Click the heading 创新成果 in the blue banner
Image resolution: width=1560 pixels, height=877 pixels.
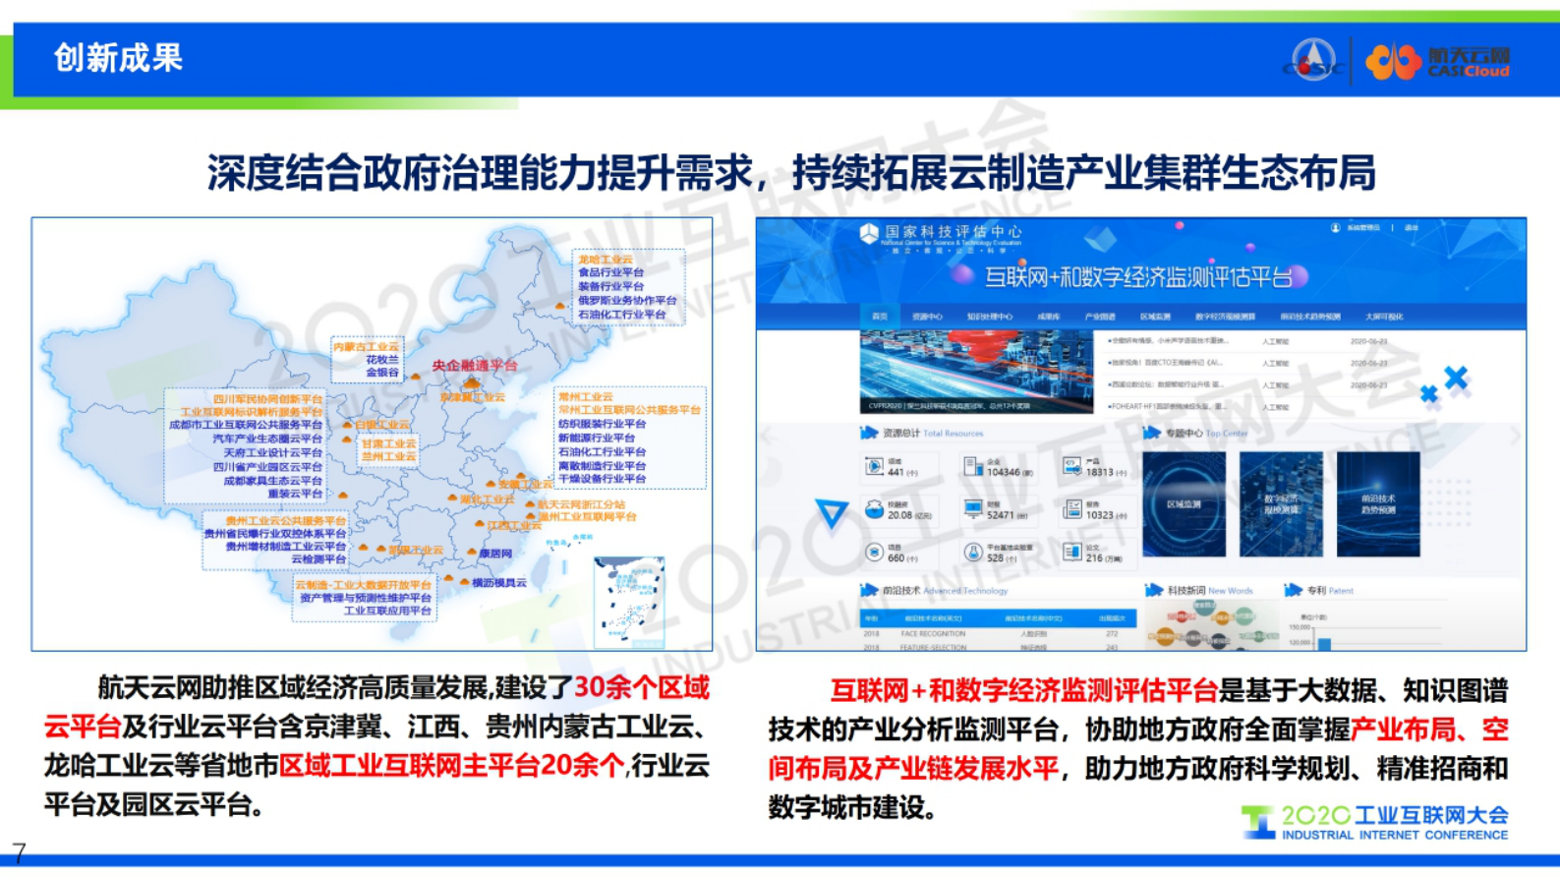click(118, 58)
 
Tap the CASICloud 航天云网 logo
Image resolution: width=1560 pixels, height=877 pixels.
click(1437, 61)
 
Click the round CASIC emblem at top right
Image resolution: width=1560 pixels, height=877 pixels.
click(1313, 60)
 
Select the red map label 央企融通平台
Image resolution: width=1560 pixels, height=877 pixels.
click(475, 365)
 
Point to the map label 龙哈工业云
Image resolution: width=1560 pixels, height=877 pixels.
click(606, 260)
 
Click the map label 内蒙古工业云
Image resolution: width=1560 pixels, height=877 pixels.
click(366, 347)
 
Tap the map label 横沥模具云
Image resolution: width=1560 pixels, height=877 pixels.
click(498, 582)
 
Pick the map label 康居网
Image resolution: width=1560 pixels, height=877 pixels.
click(495, 554)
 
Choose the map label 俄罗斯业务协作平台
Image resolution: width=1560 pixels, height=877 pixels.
click(627, 300)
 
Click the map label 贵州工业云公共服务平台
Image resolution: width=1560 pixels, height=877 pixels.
click(285, 520)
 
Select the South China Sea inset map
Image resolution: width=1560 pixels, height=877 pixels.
click(629, 601)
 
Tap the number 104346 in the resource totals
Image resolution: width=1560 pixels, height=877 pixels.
click(1003, 472)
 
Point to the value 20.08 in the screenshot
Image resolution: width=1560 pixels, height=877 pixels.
click(899, 514)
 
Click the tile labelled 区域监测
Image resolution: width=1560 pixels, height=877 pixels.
click(1184, 504)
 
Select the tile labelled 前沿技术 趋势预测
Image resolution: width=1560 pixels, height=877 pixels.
click(1378, 504)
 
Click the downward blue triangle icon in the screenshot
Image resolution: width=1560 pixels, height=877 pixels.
click(832, 512)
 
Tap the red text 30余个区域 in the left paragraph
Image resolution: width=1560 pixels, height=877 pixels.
click(641, 687)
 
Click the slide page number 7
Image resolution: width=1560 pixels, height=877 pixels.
click(19, 851)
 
